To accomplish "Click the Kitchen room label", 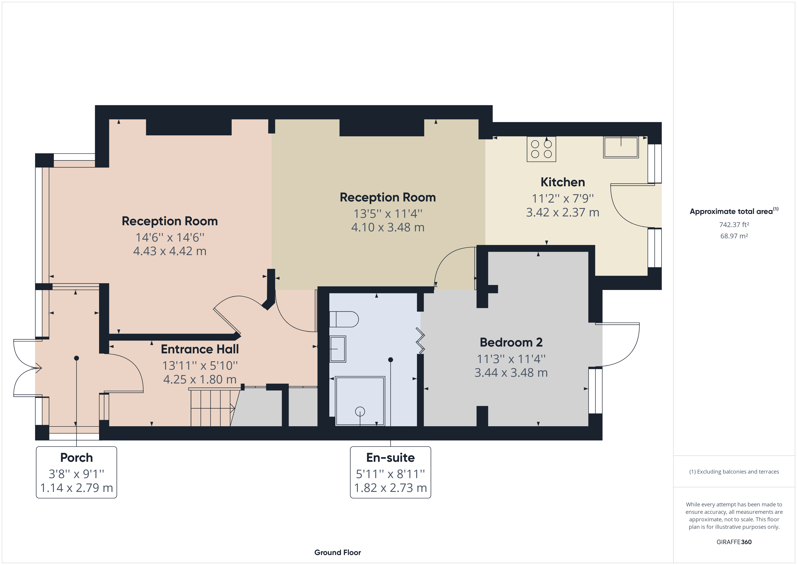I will [x=562, y=182].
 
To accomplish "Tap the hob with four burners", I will [x=541, y=149].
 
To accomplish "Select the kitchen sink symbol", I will [x=621, y=147].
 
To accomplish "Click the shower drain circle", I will [x=360, y=411].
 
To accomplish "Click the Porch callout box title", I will [x=76, y=457].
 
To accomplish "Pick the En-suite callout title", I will [x=390, y=457].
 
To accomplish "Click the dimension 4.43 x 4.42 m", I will [x=170, y=251].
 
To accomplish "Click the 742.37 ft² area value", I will [x=734, y=225].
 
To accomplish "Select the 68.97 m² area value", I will [x=734, y=236].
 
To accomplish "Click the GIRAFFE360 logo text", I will [x=734, y=542].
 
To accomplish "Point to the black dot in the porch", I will [x=76, y=358].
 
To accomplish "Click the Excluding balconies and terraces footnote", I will [x=734, y=472].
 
